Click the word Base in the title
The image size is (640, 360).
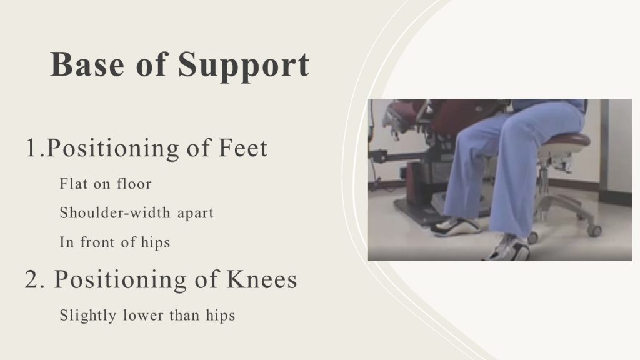[87, 64]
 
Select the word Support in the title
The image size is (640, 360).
[244, 66]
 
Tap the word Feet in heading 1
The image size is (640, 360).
[243, 147]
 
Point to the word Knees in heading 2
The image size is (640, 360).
[262, 279]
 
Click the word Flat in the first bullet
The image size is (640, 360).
[74, 184]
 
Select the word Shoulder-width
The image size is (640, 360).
[115, 213]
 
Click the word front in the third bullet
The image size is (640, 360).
[97, 242]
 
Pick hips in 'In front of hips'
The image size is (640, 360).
[155, 243]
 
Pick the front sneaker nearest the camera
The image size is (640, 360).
[507, 248]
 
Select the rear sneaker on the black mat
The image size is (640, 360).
[456, 227]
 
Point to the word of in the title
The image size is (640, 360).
[151, 64]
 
